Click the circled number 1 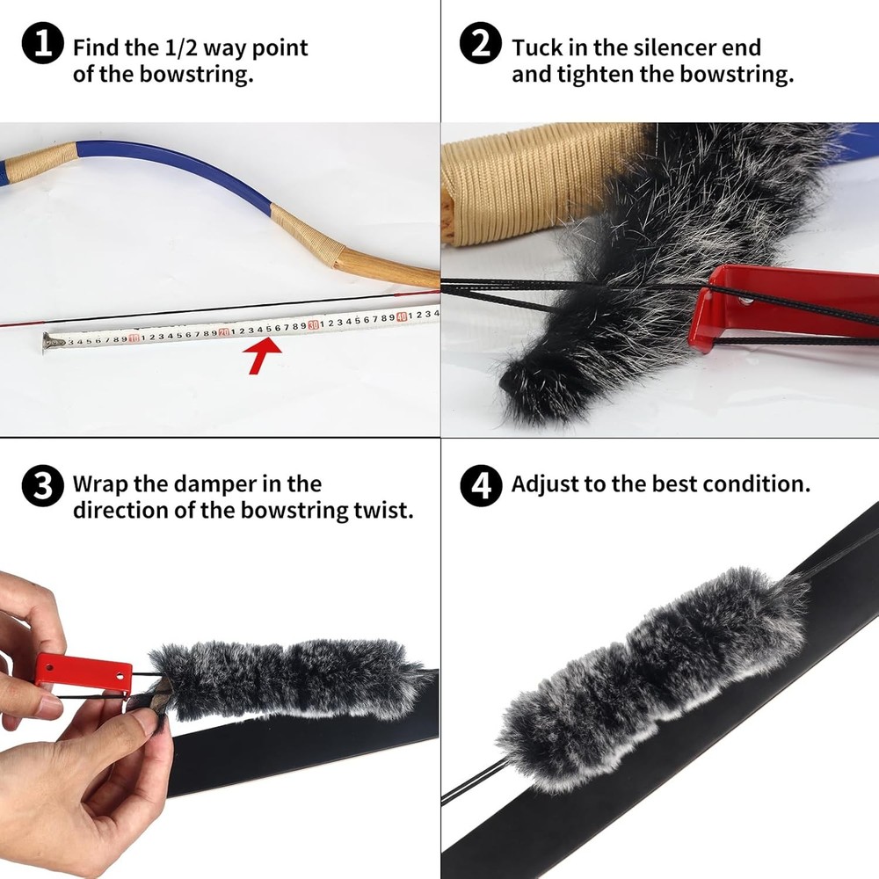(41, 46)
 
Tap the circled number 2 (481, 46)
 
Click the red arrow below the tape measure (265, 356)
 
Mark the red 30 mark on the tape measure (313, 324)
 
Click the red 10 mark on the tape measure (134, 338)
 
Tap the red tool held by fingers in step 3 (84, 673)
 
